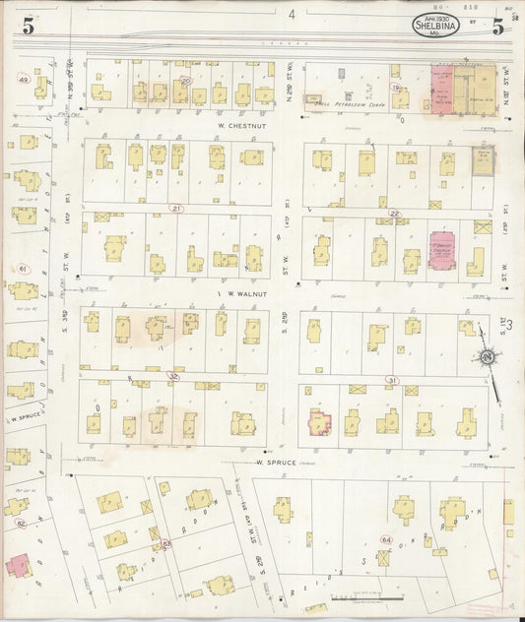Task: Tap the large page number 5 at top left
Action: pos(29,27)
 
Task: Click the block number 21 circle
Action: pos(176,209)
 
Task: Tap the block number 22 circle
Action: pos(394,213)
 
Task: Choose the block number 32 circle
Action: pos(174,376)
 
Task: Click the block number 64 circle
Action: pos(386,540)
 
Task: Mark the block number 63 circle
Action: pos(166,543)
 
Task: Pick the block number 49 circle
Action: pos(23,79)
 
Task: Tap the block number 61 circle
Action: pos(22,269)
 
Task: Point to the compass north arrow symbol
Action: pos(487,359)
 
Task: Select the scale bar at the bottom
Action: pos(366,597)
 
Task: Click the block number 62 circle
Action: pos(21,524)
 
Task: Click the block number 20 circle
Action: pos(185,81)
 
